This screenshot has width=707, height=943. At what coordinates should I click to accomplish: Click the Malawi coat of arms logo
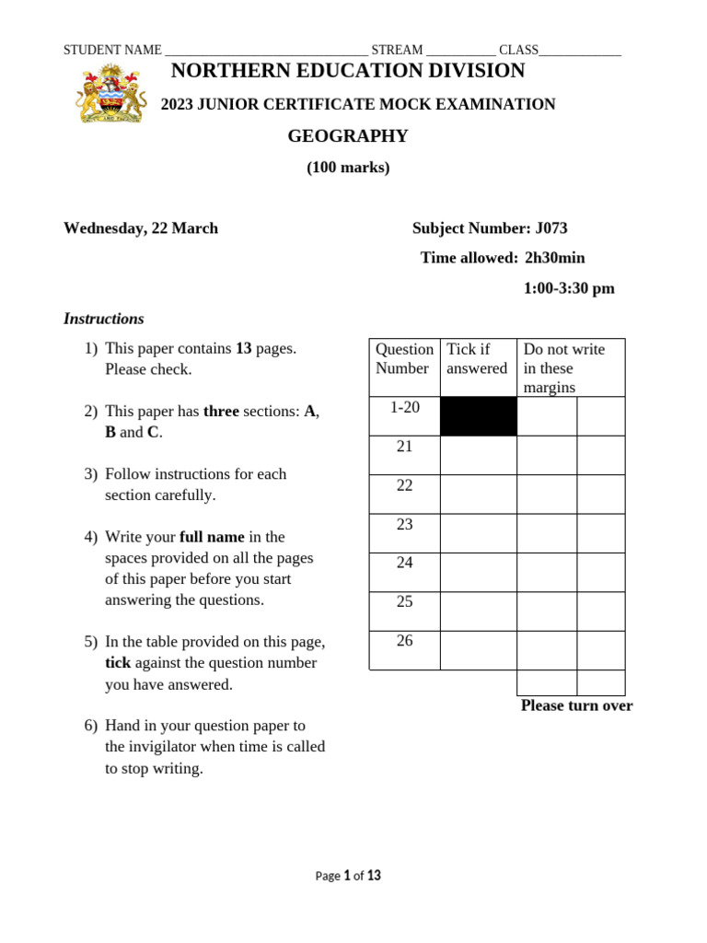coord(110,93)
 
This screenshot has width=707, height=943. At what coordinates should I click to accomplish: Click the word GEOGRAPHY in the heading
coord(348,136)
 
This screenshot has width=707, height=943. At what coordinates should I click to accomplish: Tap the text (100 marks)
coord(348,168)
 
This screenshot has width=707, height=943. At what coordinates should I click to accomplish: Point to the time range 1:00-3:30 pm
coord(569,288)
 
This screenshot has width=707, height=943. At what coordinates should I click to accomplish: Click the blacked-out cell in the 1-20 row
coord(478,416)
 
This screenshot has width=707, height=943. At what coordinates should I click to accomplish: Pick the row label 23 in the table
coord(405,525)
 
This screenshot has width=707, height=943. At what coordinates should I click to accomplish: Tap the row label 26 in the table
coord(405,641)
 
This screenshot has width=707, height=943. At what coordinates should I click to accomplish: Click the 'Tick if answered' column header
coord(477,359)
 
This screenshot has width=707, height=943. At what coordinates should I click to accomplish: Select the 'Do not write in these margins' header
coord(564,367)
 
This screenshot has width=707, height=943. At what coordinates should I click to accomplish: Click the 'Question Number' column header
coord(404,359)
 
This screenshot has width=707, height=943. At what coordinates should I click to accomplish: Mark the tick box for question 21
coord(478,455)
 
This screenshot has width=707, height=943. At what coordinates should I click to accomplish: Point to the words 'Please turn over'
coord(576,705)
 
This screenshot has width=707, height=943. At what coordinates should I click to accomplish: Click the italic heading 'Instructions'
coord(104,319)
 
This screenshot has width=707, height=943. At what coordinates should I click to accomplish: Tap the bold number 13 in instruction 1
coord(244,349)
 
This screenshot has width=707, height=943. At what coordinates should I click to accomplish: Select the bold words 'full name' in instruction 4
coord(212,537)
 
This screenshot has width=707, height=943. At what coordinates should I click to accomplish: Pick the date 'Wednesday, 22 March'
coord(141,228)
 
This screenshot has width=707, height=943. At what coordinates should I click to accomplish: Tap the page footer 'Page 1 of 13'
coord(348,876)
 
